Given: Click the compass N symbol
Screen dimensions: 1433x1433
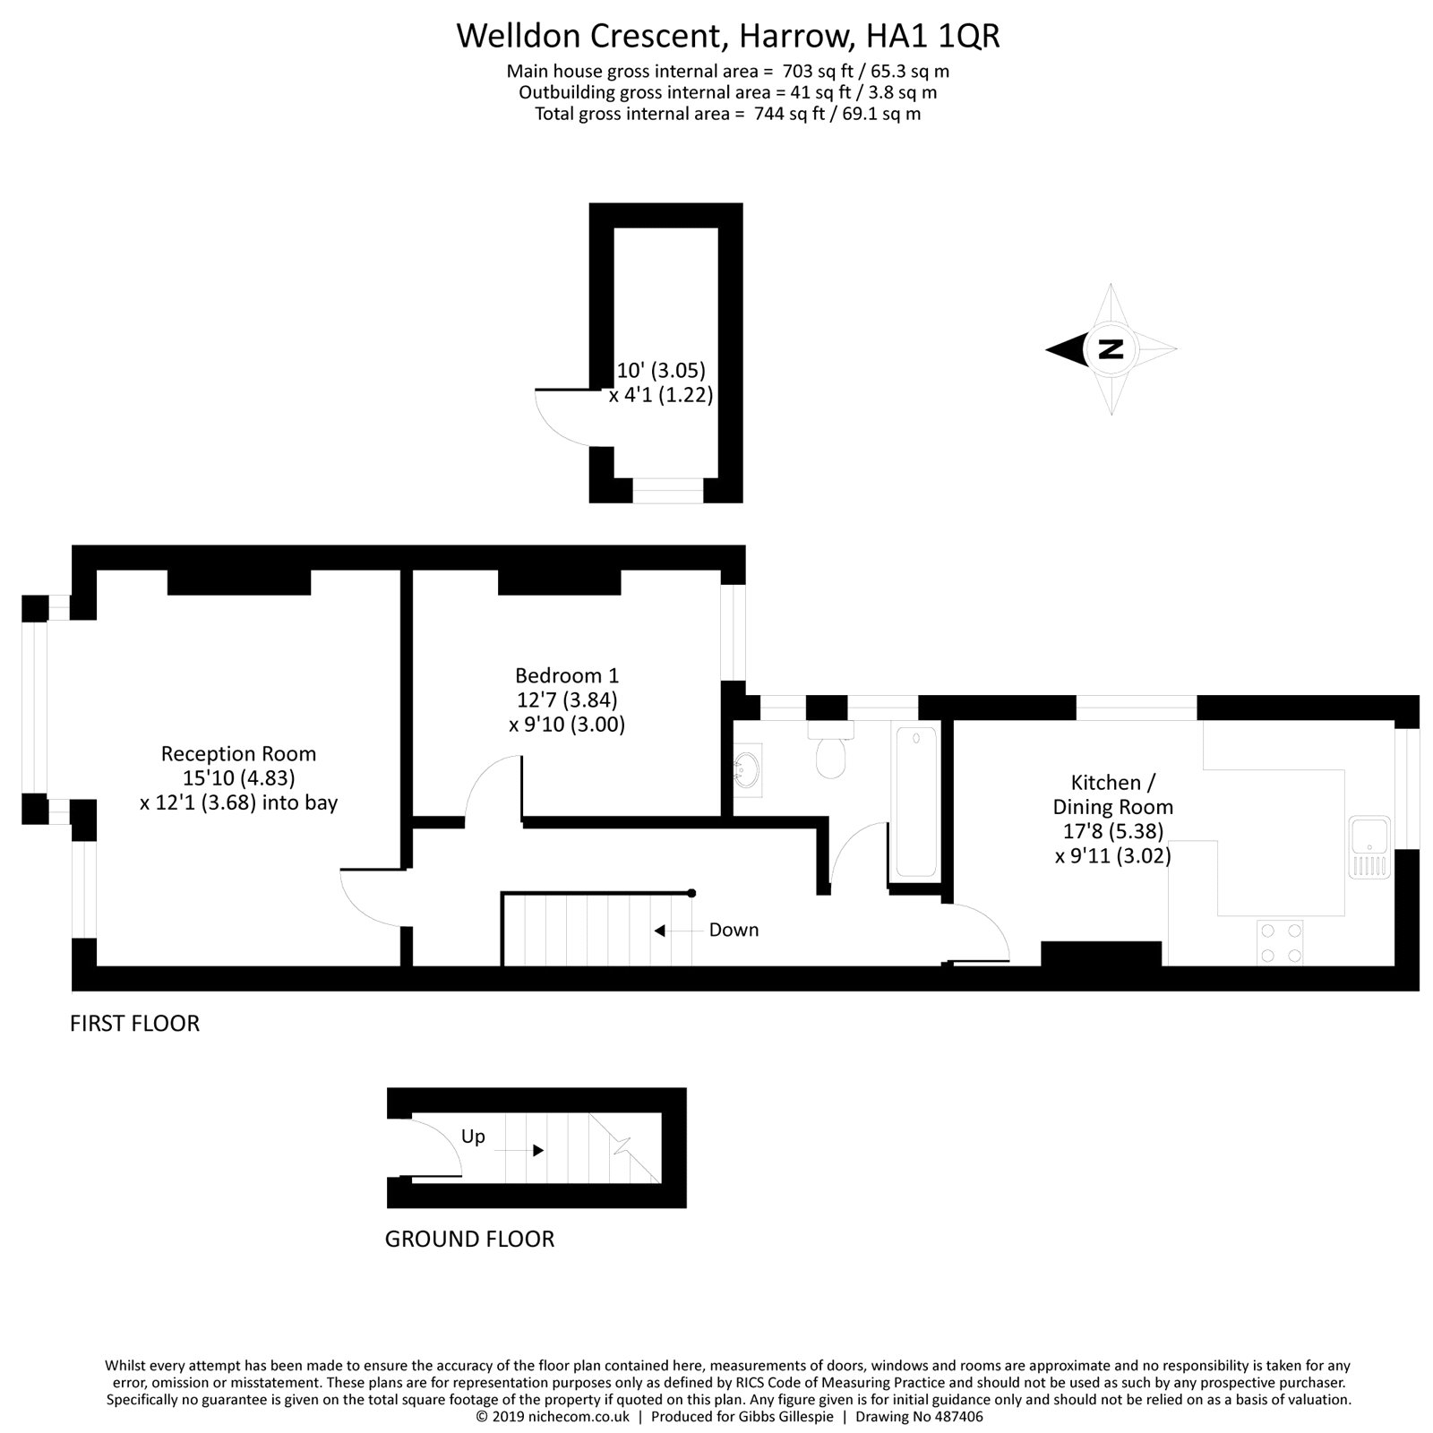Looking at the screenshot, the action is coord(1111,348).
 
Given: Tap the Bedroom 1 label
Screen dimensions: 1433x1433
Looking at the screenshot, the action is coord(566,675).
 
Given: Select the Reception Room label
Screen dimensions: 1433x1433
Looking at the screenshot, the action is coord(238,754).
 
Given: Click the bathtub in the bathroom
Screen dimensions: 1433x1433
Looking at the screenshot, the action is coord(915,801).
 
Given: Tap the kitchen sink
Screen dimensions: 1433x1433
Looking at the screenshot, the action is coord(1369,846).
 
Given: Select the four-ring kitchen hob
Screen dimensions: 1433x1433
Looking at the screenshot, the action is coord(1280,943).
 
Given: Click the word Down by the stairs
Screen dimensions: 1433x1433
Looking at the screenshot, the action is coord(734,931).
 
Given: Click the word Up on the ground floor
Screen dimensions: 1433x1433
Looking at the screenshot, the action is coord(473,1137).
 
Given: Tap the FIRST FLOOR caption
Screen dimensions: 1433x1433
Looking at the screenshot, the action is coord(134,1024).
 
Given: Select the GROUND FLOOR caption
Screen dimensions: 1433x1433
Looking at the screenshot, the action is coord(469,1240).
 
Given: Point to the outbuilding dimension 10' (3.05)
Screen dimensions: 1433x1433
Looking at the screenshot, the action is coord(661,370).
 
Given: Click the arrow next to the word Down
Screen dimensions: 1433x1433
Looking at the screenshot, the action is coord(660,931).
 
